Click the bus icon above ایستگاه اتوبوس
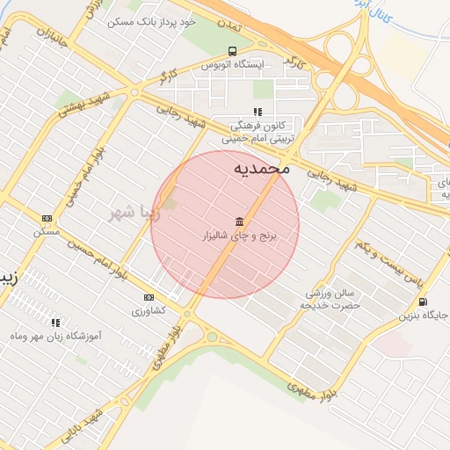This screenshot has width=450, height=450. pyautogui.click(x=232, y=51)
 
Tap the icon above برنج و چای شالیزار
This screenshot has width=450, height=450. pyautogui.click(x=240, y=221)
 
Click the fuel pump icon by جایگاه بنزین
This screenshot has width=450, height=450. pyautogui.click(x=424, y=304)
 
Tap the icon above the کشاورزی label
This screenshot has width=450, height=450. pyautogui.click(x=149, y=297)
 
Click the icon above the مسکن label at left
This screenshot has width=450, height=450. pyautogui.click(x=47, y=218)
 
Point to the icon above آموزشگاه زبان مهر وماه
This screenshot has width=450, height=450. pyautogui.click(x=56, y=323)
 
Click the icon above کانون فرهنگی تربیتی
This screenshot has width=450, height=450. pyautogui.click(x=258, y=112)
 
